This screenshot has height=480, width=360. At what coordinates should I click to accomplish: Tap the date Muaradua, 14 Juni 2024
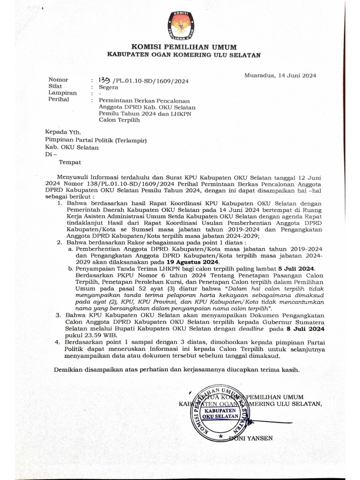point(280,75)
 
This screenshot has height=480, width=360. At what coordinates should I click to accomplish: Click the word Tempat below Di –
point(70,162)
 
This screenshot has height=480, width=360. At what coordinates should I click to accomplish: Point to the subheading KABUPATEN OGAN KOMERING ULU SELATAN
point(184,55)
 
